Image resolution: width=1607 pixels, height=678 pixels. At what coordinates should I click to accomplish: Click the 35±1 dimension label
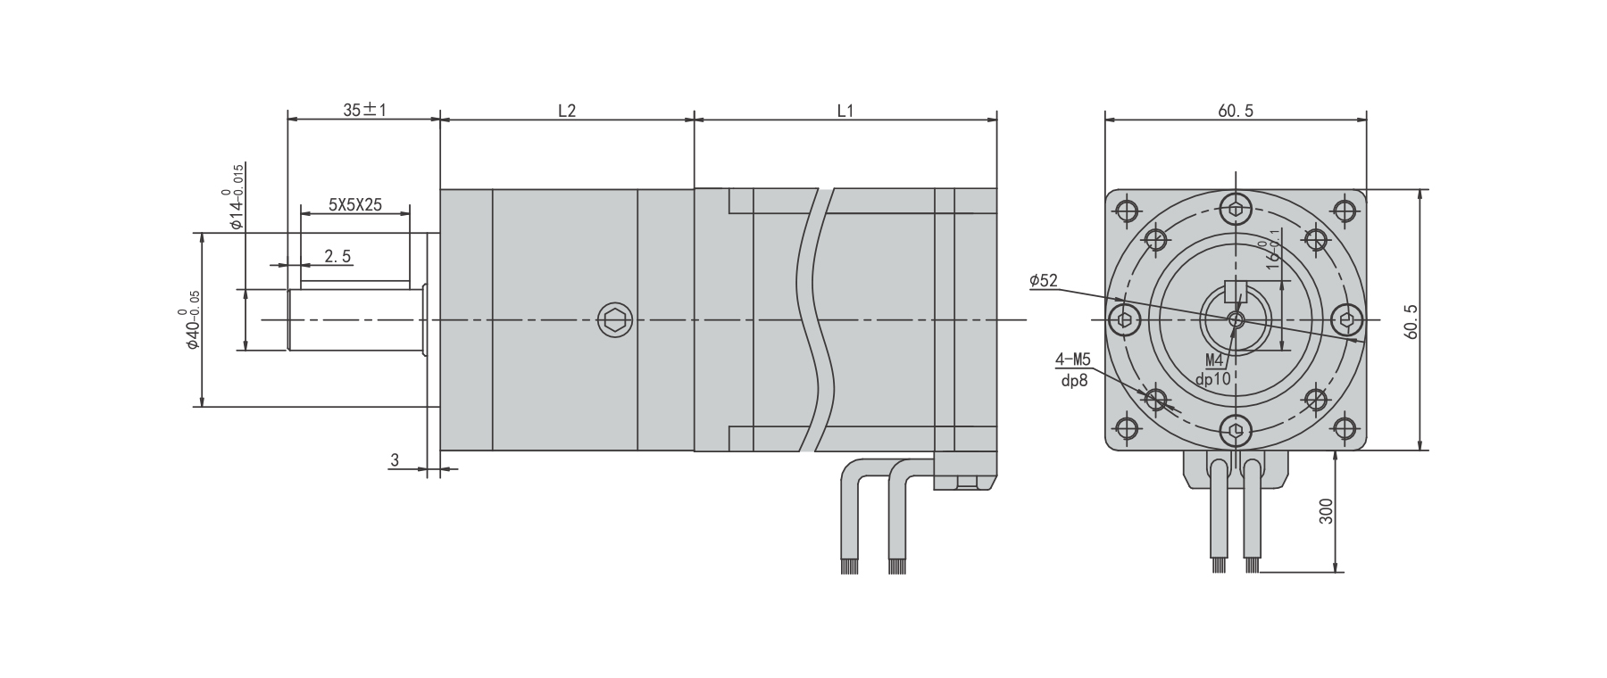(364, 110)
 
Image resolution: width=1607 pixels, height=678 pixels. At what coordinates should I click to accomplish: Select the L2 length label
(567, 111)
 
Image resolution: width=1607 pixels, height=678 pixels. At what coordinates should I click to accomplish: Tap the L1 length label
(845, 111)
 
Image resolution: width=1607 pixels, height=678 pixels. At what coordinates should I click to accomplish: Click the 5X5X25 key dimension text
(354, 204)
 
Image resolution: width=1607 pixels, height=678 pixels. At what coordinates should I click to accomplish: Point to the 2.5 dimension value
(337, 256)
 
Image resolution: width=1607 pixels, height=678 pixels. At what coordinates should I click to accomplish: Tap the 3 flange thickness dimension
(394, 459)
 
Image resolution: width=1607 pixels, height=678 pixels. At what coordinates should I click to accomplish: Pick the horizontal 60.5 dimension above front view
(1236, 111)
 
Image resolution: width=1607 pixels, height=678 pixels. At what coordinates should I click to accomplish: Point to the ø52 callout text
(1043, 280)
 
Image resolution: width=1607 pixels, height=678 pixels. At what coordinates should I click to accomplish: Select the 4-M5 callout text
(1073, 360)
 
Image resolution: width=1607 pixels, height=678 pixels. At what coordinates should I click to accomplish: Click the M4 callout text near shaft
(1214, 360)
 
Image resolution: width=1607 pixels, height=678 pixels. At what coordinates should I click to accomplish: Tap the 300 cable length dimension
(1326, 511)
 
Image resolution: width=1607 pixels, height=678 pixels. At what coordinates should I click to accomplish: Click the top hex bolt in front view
(1236, 210)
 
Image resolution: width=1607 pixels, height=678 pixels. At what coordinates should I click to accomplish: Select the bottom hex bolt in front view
(1236, 431)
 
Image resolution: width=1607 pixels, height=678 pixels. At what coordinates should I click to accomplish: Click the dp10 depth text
(1213, 378)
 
